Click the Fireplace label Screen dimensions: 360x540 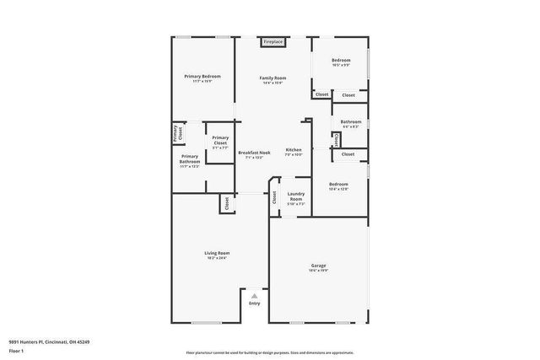coord(273,41)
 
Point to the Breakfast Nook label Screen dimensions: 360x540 coord(254,152)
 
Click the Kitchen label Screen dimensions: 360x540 coord(293,149)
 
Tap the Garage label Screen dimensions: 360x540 coord(318,266)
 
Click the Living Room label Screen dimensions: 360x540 coord(218,253)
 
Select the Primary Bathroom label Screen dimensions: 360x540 coord(190,159)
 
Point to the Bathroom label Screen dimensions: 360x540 coord(351,121)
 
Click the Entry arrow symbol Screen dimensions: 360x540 coord(255,296)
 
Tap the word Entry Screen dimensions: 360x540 coord(255,304)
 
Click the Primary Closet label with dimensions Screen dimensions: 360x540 coord(219,141)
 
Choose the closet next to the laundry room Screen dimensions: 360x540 coord(274,196)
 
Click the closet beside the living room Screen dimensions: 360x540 coord(226,203)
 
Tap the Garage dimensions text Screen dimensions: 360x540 coord(318,270)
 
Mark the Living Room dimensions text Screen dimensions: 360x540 coord(218,257)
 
